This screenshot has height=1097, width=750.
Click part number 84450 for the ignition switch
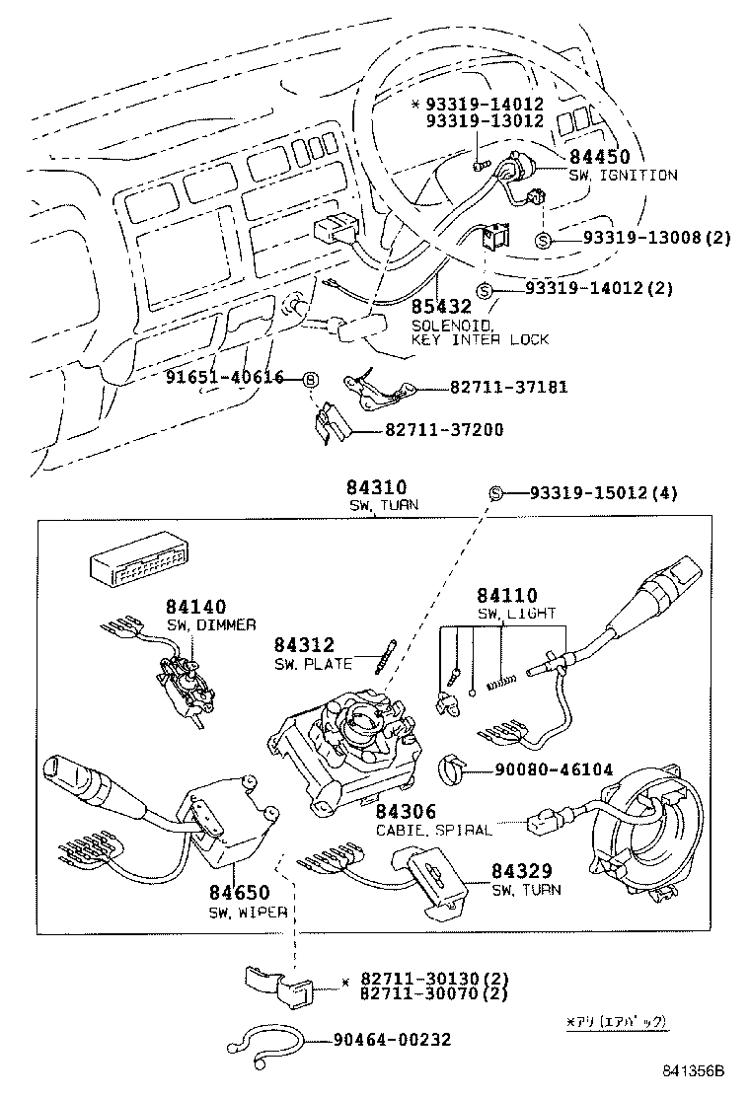click(x=599, y=157)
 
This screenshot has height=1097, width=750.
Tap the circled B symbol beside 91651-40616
click(x=310, y=378)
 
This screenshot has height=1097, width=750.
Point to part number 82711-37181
click(x=509, y=388)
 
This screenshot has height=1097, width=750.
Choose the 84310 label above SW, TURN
click(x=376, y=488)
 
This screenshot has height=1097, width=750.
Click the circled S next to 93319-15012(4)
click(x=497, y=493)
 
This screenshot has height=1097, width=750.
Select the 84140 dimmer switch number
click(x=195, y=608)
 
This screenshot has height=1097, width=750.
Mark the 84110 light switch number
click(x=507, y=596)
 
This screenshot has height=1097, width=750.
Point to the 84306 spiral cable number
click(x=406, y=812)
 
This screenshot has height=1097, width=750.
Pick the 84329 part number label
click(x=522, y=871)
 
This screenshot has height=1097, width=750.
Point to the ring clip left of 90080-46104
click(x=452, y=768)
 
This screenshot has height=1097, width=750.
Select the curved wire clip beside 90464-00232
click(x=264, y=1042)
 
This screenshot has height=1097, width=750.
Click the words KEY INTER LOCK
click(x=480, y=339)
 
